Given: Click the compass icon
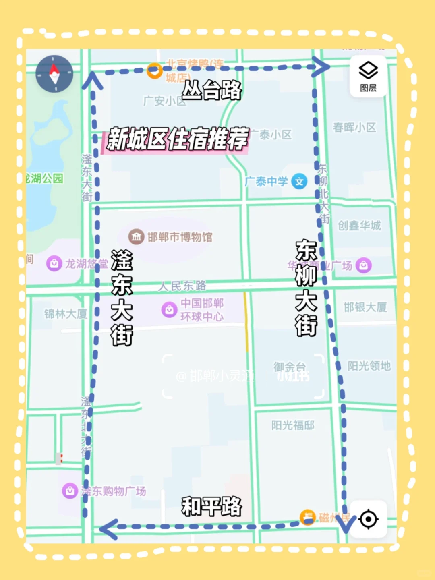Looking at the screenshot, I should tap(54, 74).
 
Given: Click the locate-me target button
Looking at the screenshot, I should tap(368, 519).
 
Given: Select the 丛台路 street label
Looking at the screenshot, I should tap(212, 90).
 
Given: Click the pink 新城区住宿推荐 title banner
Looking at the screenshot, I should tap(177, 139).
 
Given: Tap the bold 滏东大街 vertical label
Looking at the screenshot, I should tap(122, 298).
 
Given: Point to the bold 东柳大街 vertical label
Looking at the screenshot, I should tap(306, 288).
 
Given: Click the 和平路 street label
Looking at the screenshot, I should tap(212, 506).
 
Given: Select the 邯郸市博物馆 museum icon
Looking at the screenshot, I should tap(136, 237).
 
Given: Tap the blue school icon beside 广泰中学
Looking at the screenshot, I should tap(299, 182).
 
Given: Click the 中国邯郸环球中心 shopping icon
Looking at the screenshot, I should tap(169, 310).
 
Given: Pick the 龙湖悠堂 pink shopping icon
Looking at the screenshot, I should tap(54, 264).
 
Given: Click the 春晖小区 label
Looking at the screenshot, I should tap(354, 127).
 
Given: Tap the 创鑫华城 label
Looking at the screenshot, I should tap(359, 226).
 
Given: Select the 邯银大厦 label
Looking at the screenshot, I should tap(365, 307).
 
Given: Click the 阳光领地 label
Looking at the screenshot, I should tap(369, 366).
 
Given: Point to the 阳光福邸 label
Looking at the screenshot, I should tap(293, 425).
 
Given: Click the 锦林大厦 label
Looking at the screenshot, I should tap(66, 314).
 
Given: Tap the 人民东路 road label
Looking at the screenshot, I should tap(182, 286).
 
